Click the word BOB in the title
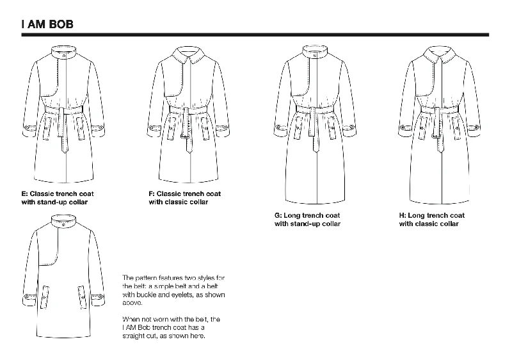point(61,24)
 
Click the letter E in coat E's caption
point(24,193)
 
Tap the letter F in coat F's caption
point(151,193)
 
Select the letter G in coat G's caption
point(277,216)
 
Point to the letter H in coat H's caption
point(402,216)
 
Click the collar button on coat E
point(64,56)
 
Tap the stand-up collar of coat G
point(315,53)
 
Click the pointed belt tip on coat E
point(65,151)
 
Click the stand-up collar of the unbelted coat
point(63,222)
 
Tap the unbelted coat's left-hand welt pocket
point(45,297)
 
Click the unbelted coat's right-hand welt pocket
point(82,297)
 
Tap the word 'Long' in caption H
point(415,216)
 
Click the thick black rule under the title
point(255,35)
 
